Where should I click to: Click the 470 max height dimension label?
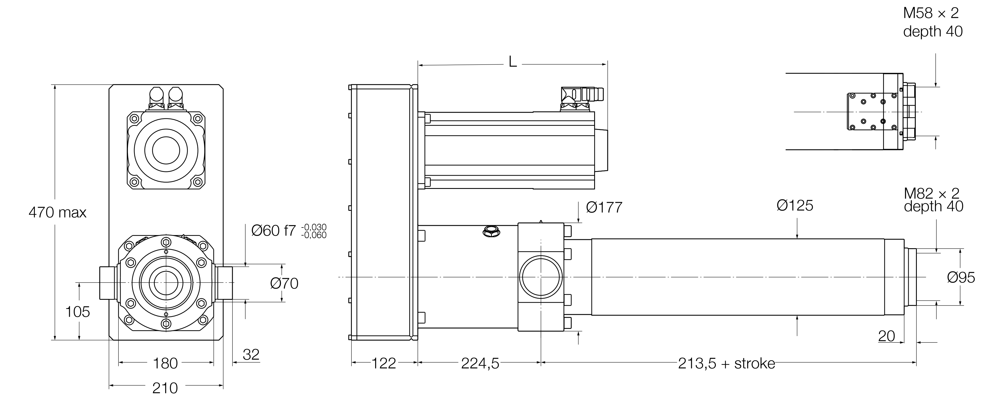pyautogui.click(x=57, y=213)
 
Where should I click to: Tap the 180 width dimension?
pyautogui.click(x=165, y=363)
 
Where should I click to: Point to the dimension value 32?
pyautogui.click(x=251, y=354)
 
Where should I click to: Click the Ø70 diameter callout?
pyautogui.click(x=284, y=283)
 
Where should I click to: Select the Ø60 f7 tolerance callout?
pyautogui.click(x=289, y=231)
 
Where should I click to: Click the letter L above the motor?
pyautogui.click(x=513, y=62)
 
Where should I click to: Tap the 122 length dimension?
pyautogui.click(x=384, y=363)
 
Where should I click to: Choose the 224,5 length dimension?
pyautogui.click(x=480, y=363)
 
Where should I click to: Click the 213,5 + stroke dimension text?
pyautogui.click(x=726, y=363)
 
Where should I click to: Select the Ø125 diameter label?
pyautogui.click(x=795, y=206)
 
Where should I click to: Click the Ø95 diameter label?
pyautogui.click(x=961, y=277)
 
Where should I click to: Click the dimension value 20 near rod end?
pyautogui.click(x=886, y=336)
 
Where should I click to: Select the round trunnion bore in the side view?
pyautogui.click(x=541, y=276)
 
